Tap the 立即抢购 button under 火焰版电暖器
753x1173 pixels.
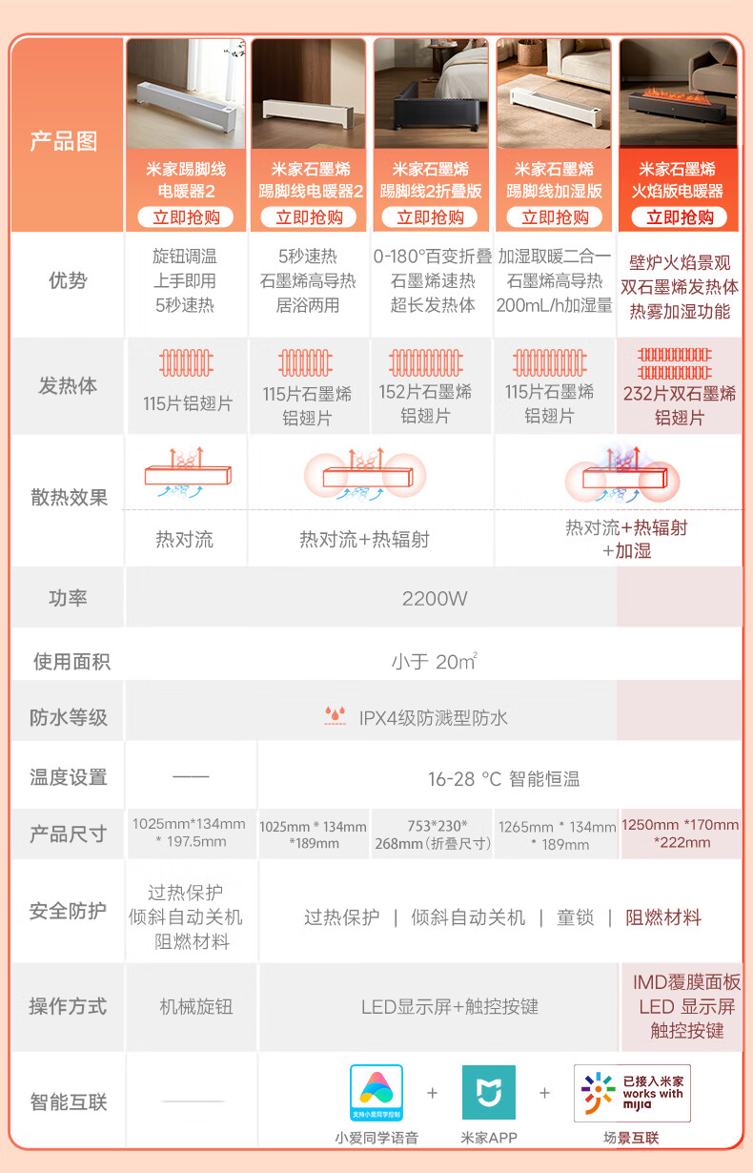point(679,217)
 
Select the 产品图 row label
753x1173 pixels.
point(64,141)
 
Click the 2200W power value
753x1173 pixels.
point(434,599)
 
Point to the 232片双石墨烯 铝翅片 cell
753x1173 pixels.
point(680,404)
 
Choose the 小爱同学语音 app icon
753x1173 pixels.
point(376,1093)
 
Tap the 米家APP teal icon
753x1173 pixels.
point(489,1093)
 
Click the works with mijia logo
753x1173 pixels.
point(632,1093)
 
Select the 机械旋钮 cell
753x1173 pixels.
point(195,1007)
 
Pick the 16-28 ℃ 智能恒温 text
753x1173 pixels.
point(503,779)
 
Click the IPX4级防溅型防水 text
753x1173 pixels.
point(433,717)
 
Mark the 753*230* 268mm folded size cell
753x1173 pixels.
point(433,833)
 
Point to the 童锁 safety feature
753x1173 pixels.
point(576,917)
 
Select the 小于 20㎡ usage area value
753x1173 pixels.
point(434,661)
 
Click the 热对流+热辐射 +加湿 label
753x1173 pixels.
point(626,539)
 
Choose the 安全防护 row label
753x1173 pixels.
point(68,912)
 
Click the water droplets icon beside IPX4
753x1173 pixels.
point(335,716)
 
